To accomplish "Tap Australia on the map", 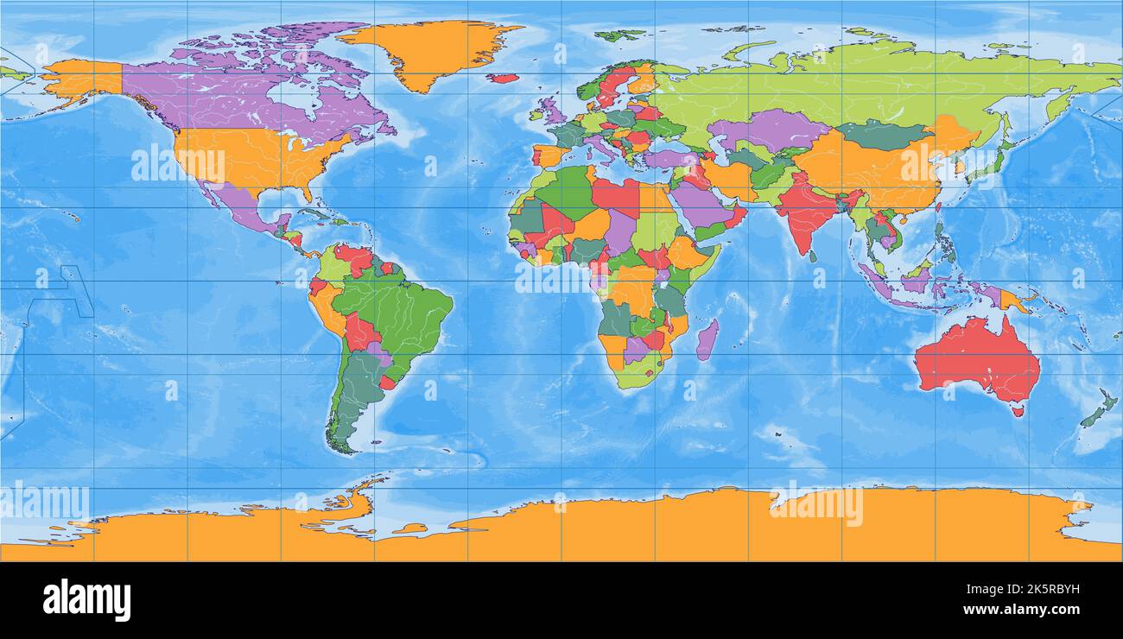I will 976,358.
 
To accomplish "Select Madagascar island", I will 707,339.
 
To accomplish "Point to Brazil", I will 397,307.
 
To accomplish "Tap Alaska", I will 82,78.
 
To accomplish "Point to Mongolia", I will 881,134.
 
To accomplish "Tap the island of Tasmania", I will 1018,411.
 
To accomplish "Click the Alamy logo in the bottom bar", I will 86,600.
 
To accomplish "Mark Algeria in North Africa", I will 566,194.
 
